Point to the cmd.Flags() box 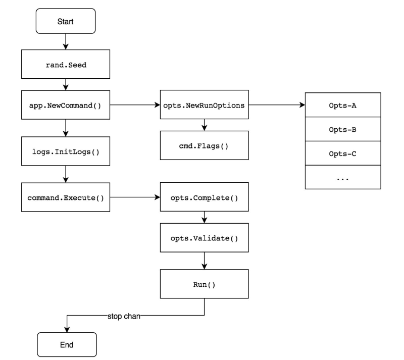click(204, 145)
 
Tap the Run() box click(204, 284)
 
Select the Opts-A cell click(342, 105)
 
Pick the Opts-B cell click(342, 129)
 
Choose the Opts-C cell click(342, 153)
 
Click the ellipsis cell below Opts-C click(342, 177)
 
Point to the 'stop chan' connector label click(125, 317)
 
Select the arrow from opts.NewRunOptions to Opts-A click(276, 106)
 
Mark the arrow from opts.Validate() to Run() click(204, 260)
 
